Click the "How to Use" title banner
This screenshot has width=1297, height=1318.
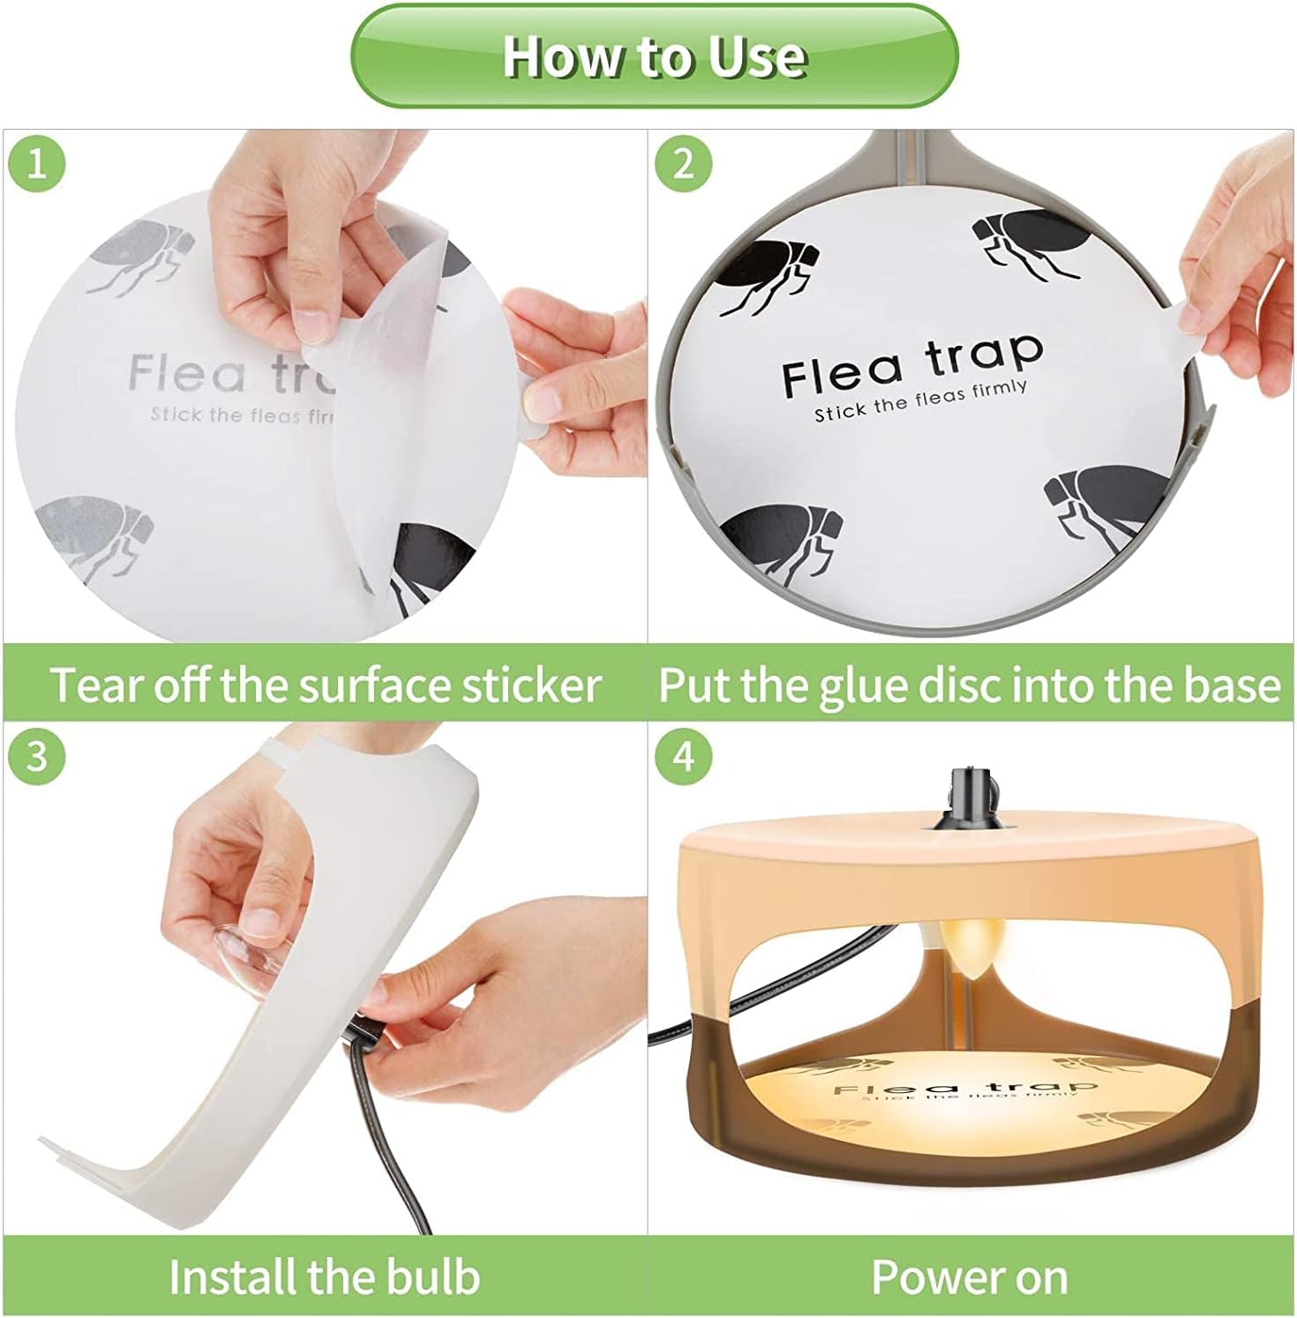click(x=654, y=56)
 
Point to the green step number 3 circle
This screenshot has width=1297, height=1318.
click(x=36, y=756)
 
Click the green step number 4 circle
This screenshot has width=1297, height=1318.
click(x=684, y=756)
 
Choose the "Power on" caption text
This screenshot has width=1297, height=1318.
click(x=969, y=1277)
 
